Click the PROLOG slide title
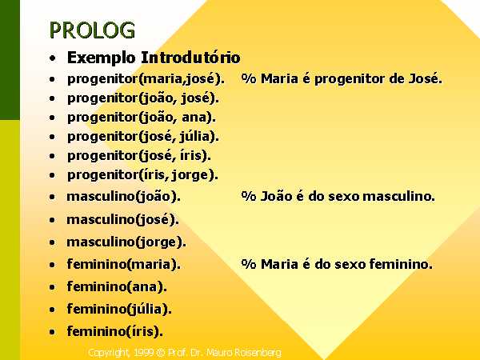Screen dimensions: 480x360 pyautogui.click(x=92, y=30)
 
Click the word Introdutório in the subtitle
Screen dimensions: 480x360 pyautogui.click(x=190, y=58)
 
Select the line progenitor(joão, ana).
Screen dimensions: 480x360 pyautogui.click(x=142, y=118)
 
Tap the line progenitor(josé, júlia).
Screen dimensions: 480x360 pyautogui.click(x=143, y=137)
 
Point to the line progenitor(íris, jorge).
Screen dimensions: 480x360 pyautogui.click(x=142, y=175)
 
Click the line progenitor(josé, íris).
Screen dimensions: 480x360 pyautogui.click(x=139, y=156)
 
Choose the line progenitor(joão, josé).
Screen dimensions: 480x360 pyautogui.click(x=143, y=98)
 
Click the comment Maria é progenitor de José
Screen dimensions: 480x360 pyautogui.click(x=342, y=79)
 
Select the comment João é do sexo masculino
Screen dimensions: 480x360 pyautogui.click(x=338, y=196)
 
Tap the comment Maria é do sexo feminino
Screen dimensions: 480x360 pyautogui.click(x=337, y=264)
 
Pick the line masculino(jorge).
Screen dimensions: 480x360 pyautogui.click(x=126, y=242)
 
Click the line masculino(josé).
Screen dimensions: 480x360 pyautogui.click(x=122, y=220)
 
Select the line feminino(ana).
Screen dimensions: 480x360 pyautogui.click(x=117, y=287)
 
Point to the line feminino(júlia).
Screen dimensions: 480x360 pyautogui.click(x=119, y=309)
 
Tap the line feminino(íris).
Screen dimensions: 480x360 pyautogui.click(x=114, y=331)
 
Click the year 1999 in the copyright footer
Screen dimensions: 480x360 pyautogui.click(x=143, y=353)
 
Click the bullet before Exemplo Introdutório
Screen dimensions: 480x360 pyautogui.click(x=53, y=58)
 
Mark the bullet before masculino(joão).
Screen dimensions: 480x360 pyautogui.click(x=52, y=197)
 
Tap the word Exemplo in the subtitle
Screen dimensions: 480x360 pyautogui.click(x=102, y=58)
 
